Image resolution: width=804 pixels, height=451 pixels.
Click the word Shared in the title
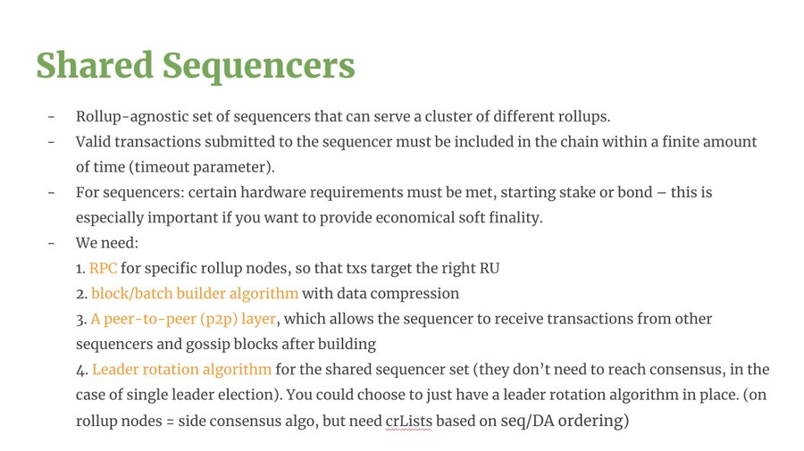(95, 65)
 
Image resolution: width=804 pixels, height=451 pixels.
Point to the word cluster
(448, 116)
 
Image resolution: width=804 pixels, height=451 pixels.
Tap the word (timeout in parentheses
(151, 167)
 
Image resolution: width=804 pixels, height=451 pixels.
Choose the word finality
(515, 218)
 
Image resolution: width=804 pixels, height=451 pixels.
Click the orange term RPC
(103, 268)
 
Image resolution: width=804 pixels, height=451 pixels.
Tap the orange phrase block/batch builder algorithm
(195, 294)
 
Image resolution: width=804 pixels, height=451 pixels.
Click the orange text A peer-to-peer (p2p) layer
(183, 320)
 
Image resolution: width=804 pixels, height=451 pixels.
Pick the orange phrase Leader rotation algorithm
(181, 370)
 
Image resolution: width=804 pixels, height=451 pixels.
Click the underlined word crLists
(408, 421)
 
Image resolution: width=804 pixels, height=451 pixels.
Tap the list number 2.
(81, 294)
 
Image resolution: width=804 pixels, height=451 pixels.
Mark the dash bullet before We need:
(51, 243)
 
